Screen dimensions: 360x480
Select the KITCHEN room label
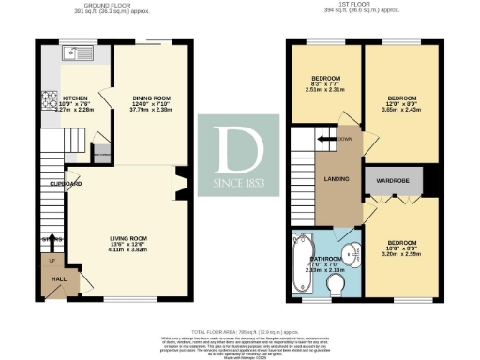click(75, 97)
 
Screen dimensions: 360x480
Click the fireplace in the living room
click(179, 183)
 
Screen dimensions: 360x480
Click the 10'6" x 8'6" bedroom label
click(400, 248)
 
